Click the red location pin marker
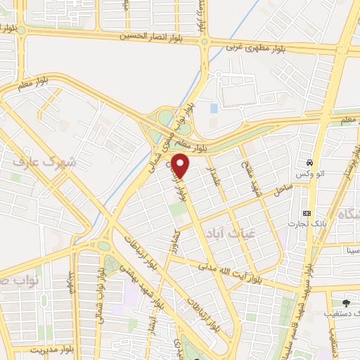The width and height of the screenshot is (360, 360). pos(181,166)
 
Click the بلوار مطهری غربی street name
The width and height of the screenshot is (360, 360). pos(254,49)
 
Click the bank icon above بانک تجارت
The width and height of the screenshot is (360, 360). pos(307,212)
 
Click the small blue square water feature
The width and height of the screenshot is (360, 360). pos(214,109)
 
